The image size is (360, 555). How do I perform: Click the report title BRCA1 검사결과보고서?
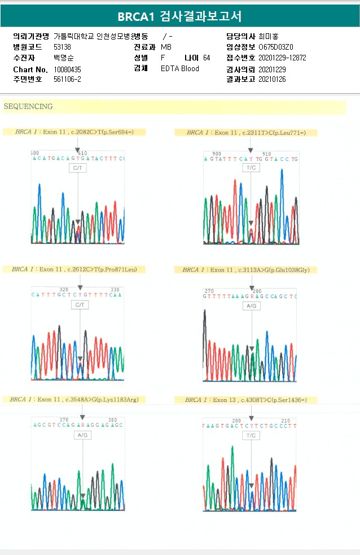pyautogui.click(x=179, y=16)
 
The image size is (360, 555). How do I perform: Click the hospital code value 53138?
pyautogui.click(x=62, y=47)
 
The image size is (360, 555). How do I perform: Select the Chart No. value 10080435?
pyautogui.click(x=67, y=69)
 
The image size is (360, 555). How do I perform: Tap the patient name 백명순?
pyautogui.click(x=63, y=58)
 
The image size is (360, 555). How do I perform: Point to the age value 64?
pyautogui.click(x=207, y=58)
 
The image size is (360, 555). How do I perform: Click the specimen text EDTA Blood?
pyautogui.click(x=180, y=69)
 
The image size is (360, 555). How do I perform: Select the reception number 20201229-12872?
pyautogui.click(x=282, y=58)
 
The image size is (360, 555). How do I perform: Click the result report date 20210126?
pyautogui.click(x=272, y=80)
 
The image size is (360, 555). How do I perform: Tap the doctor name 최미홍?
pyautogui.click(x=269, y=36)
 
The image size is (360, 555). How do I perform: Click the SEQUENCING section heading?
pyautogui.click(x=28, y=106)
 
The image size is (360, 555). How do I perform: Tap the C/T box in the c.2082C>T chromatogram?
pyautogui.click(x=78, y=168)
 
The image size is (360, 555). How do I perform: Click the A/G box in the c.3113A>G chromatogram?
pyautogui.click(x=252, y=305)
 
